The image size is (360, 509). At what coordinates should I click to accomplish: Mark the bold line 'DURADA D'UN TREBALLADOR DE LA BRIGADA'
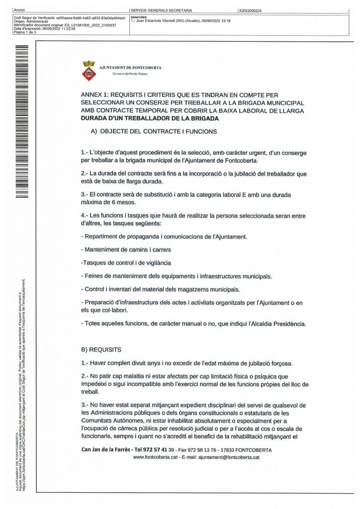point(149,119)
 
